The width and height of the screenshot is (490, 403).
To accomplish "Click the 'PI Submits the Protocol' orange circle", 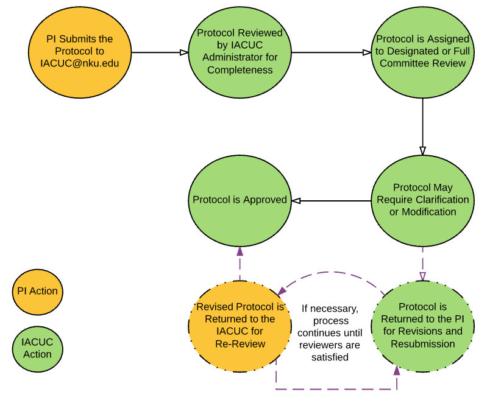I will (x=80, y=53).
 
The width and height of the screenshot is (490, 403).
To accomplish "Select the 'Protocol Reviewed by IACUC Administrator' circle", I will (x=240, y=53).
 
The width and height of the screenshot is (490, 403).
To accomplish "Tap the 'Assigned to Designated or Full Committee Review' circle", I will (x=422, y=53).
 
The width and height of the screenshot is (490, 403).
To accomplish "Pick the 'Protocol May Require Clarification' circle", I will (x=422, y=200).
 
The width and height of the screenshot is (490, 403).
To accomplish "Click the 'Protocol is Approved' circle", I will (x=240, y=200).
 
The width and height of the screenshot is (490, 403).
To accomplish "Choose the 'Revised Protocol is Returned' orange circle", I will (x=240, y=326).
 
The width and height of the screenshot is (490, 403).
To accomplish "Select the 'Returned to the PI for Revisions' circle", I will (x=422, y=326).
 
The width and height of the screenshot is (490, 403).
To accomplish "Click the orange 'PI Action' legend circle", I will (x=37, y=291).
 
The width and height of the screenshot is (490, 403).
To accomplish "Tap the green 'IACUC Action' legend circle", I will (x=37, y=348).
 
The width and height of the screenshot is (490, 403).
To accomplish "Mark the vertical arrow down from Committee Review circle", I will (x=422, y=125).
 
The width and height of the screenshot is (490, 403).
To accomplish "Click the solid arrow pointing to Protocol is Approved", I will (x=332, y=200).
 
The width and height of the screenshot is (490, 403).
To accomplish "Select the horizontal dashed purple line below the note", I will (x=335, y=388).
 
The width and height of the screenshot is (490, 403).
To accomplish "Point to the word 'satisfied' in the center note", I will (x=329, y=357).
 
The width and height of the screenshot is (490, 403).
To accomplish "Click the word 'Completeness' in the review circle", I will (x=240, y=69).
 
